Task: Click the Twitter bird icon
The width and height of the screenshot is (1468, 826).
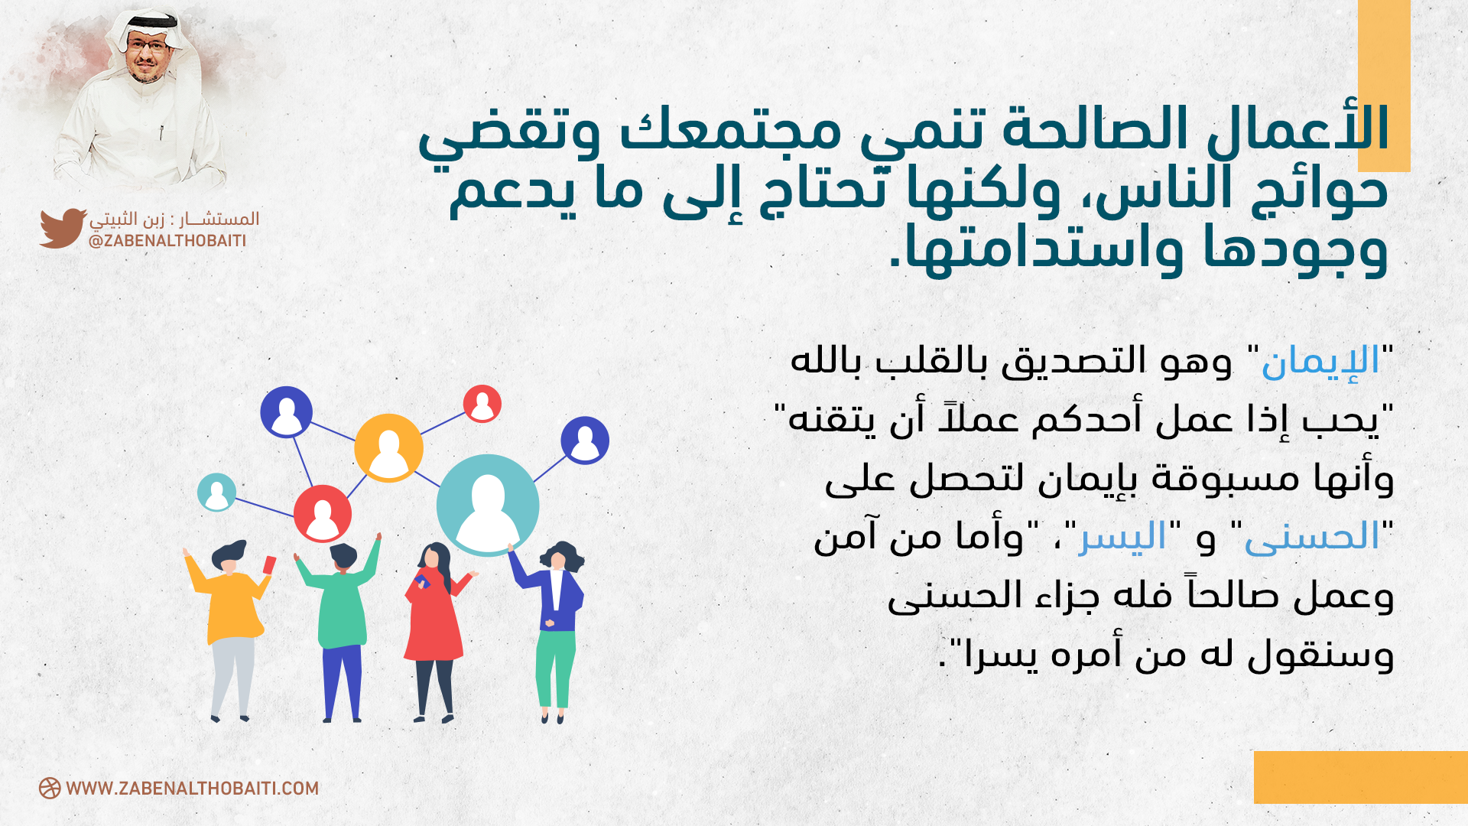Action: [63, 228]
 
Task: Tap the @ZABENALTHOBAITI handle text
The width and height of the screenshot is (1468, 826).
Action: [167, 241]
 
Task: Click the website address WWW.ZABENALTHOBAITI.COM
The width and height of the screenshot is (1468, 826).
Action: [192, 789]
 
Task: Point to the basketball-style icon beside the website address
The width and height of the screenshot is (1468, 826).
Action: [50, 789]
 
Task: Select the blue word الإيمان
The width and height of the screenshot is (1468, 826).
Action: [1320, 361]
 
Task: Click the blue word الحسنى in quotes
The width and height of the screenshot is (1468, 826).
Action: [1312, 537]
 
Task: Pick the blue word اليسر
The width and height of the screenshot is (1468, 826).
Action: [1122, 537]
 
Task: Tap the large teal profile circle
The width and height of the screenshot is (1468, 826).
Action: [488, 505]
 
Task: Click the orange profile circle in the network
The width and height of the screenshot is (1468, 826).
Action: [388, 448]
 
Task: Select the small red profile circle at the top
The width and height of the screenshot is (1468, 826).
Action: [482, 404]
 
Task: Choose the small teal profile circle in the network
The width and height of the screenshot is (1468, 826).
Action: [216, 492]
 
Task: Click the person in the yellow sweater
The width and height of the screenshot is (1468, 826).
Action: [229, 627]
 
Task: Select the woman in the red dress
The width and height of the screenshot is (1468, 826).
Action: [436, 631]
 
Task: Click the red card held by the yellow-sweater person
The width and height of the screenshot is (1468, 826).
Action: [269, 565]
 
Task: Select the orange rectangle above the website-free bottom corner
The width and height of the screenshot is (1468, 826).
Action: [1361, 777]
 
